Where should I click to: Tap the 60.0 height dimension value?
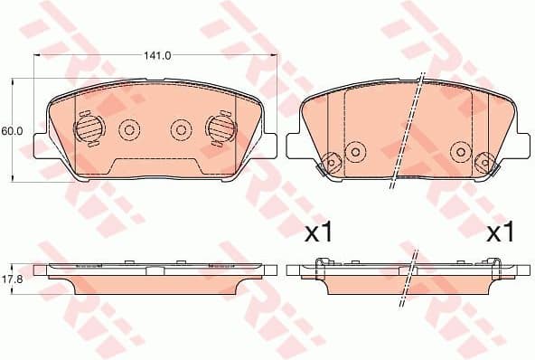pos(12,131)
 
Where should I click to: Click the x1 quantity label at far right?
pos(500,233)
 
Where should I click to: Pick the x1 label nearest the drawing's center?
pos(318,233)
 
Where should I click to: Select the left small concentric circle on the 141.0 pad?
pos(127,130)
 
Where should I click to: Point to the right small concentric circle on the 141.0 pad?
pos(181,130)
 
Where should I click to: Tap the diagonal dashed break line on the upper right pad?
pos(407,131)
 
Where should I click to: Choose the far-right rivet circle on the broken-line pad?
pos(485,163)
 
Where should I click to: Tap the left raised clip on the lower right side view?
pos(320,263)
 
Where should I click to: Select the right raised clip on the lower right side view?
pos(495,263)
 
